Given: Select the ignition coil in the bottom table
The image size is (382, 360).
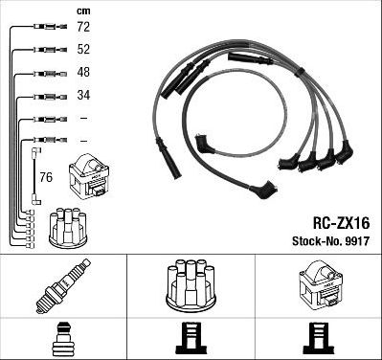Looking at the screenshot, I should (x=318, y=284).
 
